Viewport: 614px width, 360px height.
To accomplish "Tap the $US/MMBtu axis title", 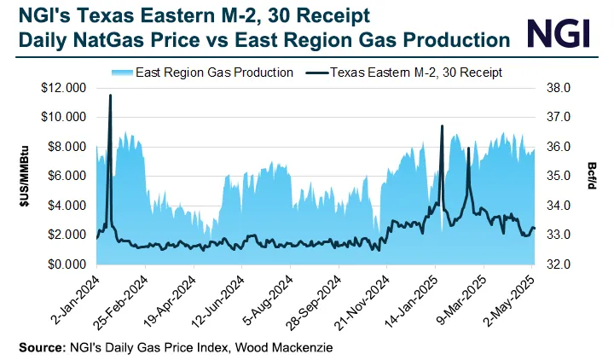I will pyautogui.click(x=25, y=177).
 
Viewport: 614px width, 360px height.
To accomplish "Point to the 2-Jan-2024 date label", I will pyautogui.click(x=76, y=299).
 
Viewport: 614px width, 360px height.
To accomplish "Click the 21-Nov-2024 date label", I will pyautogui.click(x=368, y=299).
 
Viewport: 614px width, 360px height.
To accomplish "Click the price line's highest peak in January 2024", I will pyautogui.click(x=110, y=96).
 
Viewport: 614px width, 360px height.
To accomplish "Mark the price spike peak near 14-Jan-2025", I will pyautogui.click(x=442, y=126).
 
